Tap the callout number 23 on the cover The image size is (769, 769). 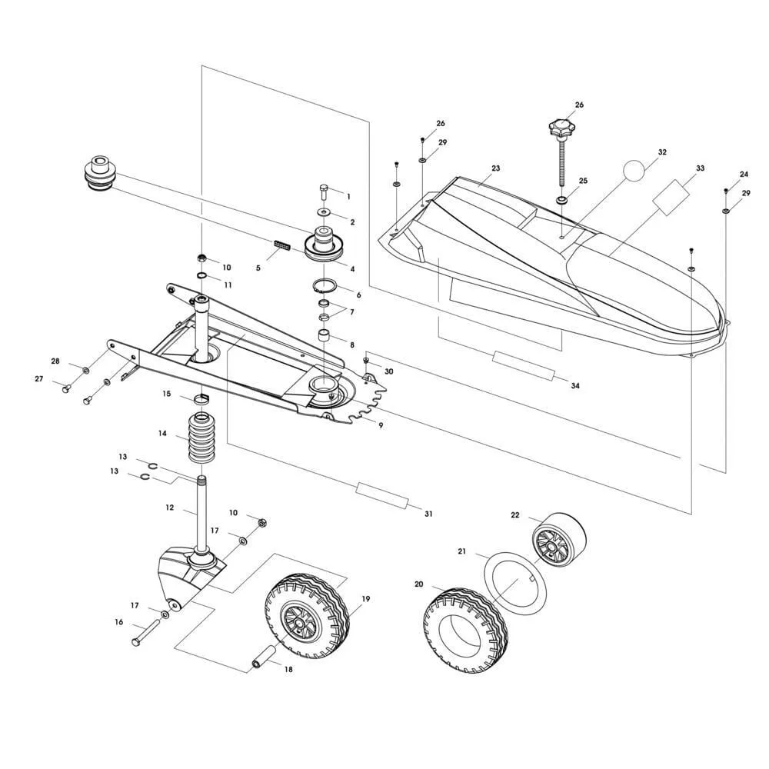[x=495, y=168]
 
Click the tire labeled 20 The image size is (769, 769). [x=458, y=631]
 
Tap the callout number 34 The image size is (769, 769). [x=574, y=385]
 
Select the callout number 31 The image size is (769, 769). [x=428, y=514]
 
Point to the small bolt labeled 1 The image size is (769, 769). [x=322, y=187]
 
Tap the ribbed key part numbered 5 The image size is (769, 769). [x=281, y=248]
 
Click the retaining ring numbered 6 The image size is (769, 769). [x=325, y=287]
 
